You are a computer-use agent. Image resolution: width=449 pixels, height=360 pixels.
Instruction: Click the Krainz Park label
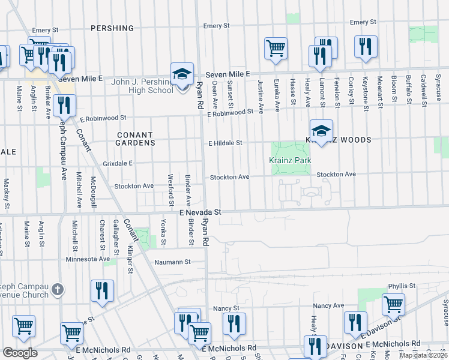pyautogui.click(x=289, y=161)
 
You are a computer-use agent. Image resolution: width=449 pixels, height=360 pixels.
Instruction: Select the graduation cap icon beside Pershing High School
pyautogui.click(x=182, y=74)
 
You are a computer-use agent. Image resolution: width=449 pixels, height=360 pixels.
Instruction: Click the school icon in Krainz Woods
pyautogui.click(x=321, y=131)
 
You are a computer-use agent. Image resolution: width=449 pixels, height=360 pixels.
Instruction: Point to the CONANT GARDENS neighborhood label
pyautogui.click(x=136, y=139)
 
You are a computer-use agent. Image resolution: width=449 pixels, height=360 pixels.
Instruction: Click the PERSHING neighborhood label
pyautogui.click(x=112, y=28)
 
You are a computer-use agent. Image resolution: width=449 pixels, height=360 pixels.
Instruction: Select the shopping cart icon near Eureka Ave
pyautogui.click(x=276, y=49)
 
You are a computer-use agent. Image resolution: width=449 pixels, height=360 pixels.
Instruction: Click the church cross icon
pyautogui.click(x=58, y=290)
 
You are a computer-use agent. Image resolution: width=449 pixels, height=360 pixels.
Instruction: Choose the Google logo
pyautogui.click(x=20, y=353)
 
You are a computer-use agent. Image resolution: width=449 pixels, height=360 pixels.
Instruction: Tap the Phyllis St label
pyautogui.click(x=402, y=286)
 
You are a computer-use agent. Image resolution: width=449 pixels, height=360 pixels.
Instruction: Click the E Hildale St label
pyautogui.click(x=225, y=143)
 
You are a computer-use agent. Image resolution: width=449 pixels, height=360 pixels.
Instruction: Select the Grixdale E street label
pyautogui.click(x=117, y=163)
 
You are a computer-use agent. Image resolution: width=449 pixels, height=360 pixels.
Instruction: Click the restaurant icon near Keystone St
pyautogui.click(x=366, y=47)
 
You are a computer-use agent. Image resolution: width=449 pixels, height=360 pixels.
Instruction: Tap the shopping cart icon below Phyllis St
pyautogui.click(x=393, y=304)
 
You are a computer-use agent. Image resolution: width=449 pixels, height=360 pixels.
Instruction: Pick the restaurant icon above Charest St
pyautogui.click(x=101, y=292)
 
